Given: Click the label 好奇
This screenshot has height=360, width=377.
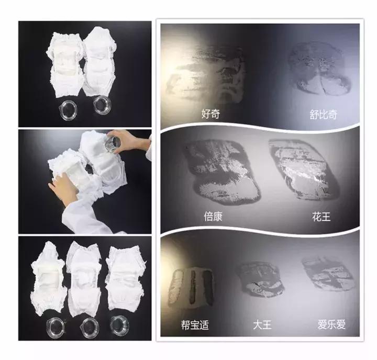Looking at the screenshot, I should [x=210, y=113].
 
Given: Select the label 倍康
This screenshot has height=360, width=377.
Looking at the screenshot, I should [x=213, y=216].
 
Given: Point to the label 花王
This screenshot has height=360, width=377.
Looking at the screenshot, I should [x=321, y=216].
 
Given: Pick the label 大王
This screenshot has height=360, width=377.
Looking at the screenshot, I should [x=262, y=324].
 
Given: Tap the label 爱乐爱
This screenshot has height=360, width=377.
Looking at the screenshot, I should [x=331, y=324].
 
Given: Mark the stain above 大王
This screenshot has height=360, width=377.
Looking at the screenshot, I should [x=259, y=280].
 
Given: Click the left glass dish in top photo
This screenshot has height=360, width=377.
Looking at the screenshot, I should [x=69, y=109].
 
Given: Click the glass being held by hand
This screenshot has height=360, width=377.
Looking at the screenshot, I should [x=113, y=143].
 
